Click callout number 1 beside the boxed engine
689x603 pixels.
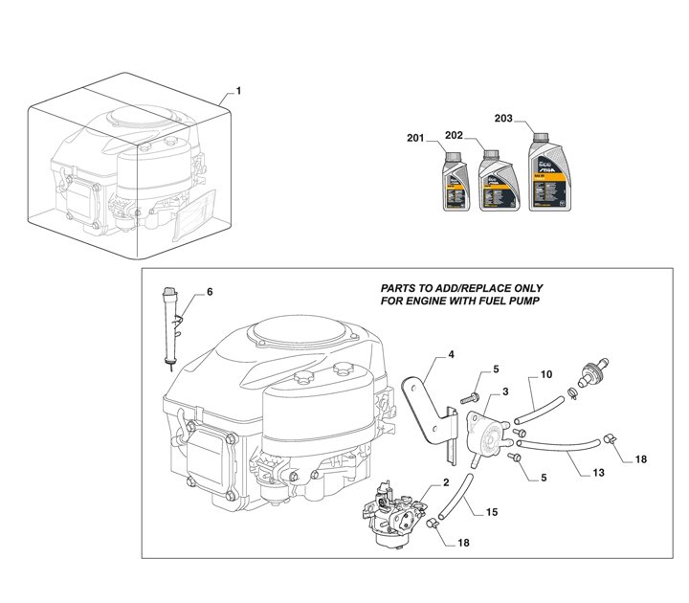[238, 92]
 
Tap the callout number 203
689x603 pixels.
[503, 119]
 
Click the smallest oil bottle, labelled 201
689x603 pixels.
[455, 183]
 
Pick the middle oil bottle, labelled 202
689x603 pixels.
[495, 179]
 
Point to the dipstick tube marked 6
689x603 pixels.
[172, 321]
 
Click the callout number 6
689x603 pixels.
[210, 291]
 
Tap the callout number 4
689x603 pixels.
[451, 354]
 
